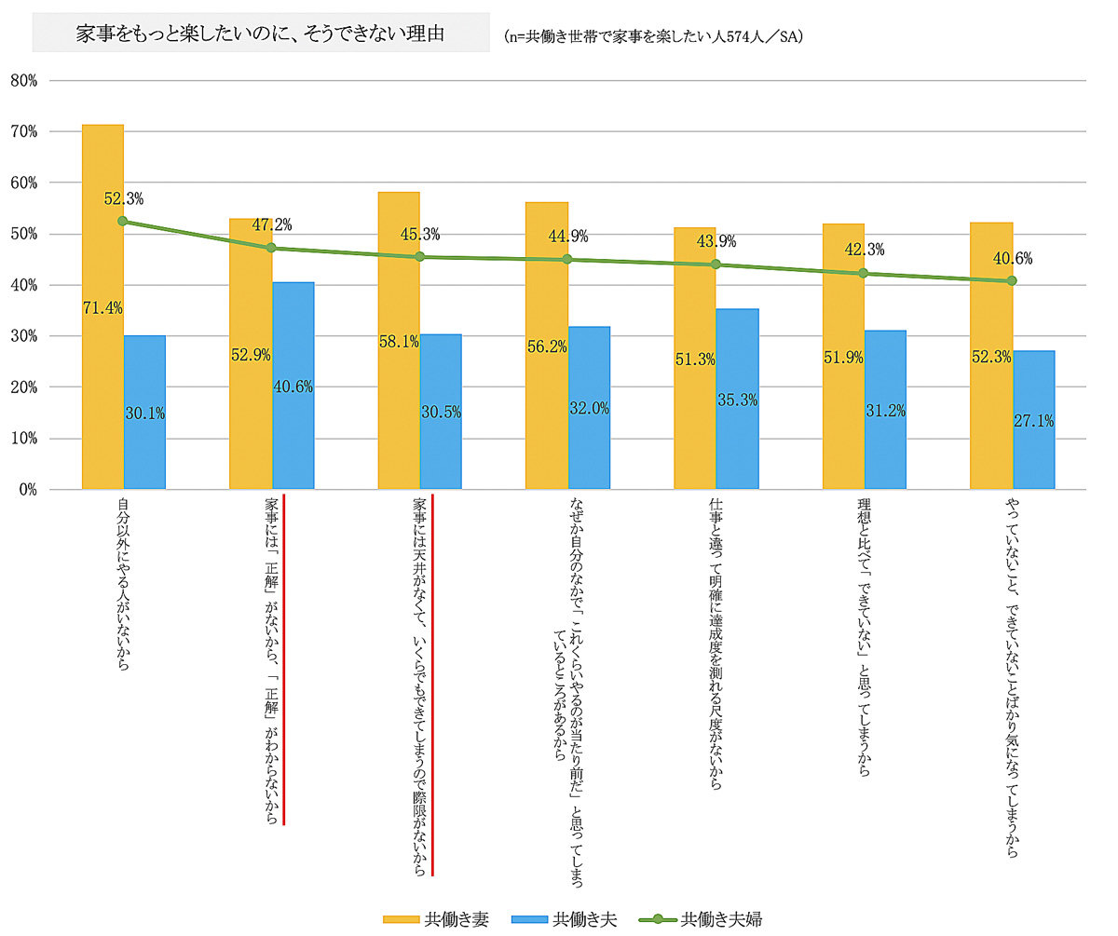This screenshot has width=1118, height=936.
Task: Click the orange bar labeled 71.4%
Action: point(102,307)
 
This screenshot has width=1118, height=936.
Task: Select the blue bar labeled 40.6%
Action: point(293,386)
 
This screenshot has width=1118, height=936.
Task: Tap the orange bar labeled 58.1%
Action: point(399,340)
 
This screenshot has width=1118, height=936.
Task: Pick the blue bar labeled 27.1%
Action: point(1034,419)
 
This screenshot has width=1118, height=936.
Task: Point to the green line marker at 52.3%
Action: point(123,222)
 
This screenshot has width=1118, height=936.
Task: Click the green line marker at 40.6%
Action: point(1012,280)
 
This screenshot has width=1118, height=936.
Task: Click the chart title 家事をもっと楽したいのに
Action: point(260,34)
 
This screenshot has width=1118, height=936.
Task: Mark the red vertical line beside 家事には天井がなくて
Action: point(433,685)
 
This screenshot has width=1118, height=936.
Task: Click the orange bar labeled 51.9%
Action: point(843,357)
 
